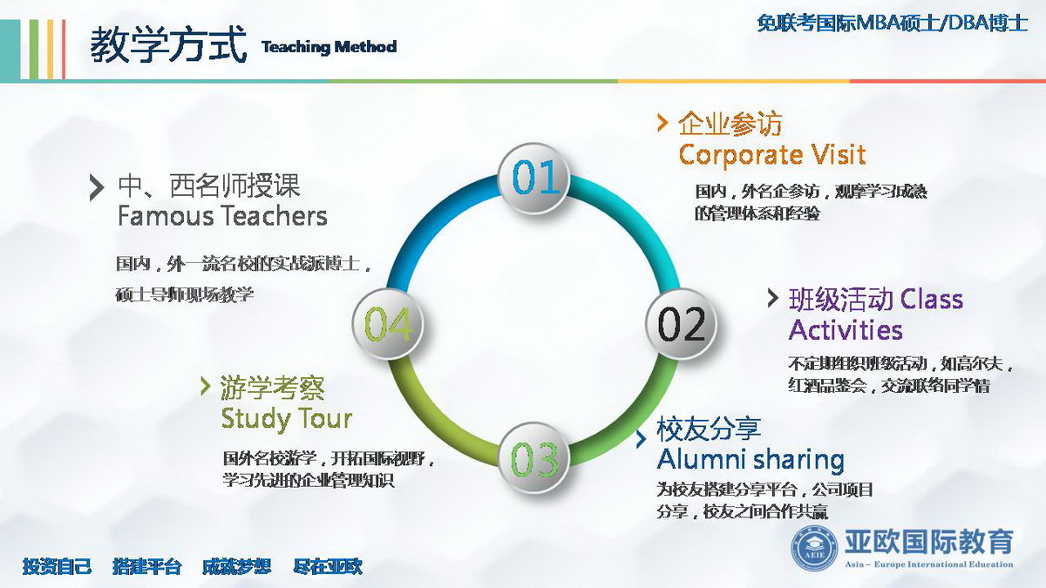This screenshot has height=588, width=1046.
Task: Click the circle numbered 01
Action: (534, 179)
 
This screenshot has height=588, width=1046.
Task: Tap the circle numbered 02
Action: (681, 324)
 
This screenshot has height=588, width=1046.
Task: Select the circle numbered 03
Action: (534, 458)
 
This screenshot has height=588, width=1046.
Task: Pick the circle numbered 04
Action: (388, 324)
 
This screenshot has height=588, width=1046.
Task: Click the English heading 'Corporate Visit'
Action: (772, 154)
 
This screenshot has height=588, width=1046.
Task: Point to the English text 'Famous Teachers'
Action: (222, 216)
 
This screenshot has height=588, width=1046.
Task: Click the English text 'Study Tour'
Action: (286, 419)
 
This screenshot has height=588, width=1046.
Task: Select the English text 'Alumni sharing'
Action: (751, 459)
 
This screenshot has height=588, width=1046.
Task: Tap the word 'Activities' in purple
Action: (846, 330)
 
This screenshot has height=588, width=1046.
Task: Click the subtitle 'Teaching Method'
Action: (329, 47)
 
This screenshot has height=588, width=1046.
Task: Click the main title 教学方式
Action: (168, 44)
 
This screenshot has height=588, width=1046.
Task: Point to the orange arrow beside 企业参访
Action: (662, 122)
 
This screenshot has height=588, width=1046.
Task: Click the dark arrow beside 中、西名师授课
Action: (97, 187)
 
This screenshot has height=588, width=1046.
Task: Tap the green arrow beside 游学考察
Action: (205, 386)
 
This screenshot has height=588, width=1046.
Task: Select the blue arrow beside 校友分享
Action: (642, 439)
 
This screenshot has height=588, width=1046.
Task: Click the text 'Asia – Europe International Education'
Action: (929, 564)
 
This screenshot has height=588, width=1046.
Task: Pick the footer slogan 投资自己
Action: (57, 566)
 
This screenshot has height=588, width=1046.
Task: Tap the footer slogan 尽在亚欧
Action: (328, 566)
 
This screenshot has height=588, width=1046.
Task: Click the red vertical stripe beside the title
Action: (64, 50)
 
